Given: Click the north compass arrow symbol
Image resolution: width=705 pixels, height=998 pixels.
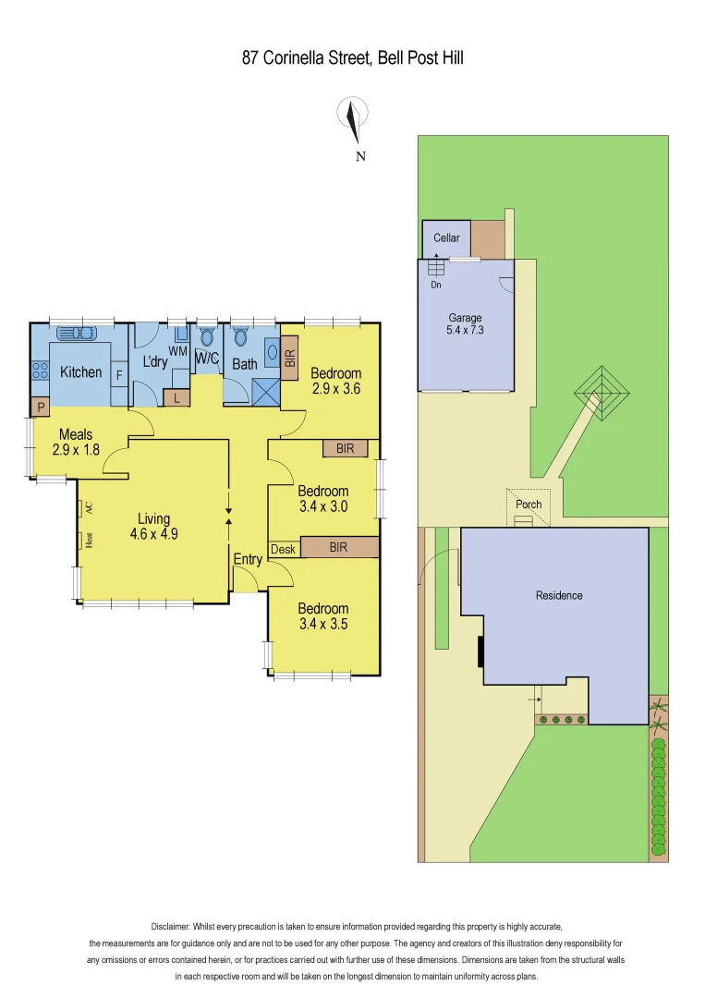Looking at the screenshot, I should coord(351,117).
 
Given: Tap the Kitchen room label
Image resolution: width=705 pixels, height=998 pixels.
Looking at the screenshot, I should coord(81,372).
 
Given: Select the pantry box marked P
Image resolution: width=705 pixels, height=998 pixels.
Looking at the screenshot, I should coord(41,407).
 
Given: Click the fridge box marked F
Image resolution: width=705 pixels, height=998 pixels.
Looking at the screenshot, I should coord(119,375).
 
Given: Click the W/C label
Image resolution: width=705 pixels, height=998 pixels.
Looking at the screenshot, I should coord(206,359).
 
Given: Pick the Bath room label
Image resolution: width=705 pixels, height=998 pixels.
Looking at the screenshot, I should coord(245,364).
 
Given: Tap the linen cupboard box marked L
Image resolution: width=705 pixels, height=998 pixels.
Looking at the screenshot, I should coord(176,397).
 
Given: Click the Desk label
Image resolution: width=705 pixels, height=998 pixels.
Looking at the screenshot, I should coord(283,549).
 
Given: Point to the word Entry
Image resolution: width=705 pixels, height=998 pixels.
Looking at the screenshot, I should coord(248,559).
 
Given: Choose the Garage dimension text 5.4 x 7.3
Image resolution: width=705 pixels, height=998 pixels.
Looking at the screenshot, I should coord(466,330).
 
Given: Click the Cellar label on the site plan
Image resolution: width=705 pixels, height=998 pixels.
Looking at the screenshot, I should coord(446,238).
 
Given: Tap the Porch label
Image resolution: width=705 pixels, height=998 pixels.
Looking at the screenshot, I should coord(529,505).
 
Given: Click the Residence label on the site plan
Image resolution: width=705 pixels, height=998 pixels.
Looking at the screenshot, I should coord(559,595).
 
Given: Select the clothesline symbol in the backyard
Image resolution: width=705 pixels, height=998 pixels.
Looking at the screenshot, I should coord(602,396).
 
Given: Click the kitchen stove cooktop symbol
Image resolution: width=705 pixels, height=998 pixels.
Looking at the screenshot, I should coord(40,371).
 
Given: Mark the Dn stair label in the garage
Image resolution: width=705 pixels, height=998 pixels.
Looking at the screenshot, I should coord(436,285).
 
